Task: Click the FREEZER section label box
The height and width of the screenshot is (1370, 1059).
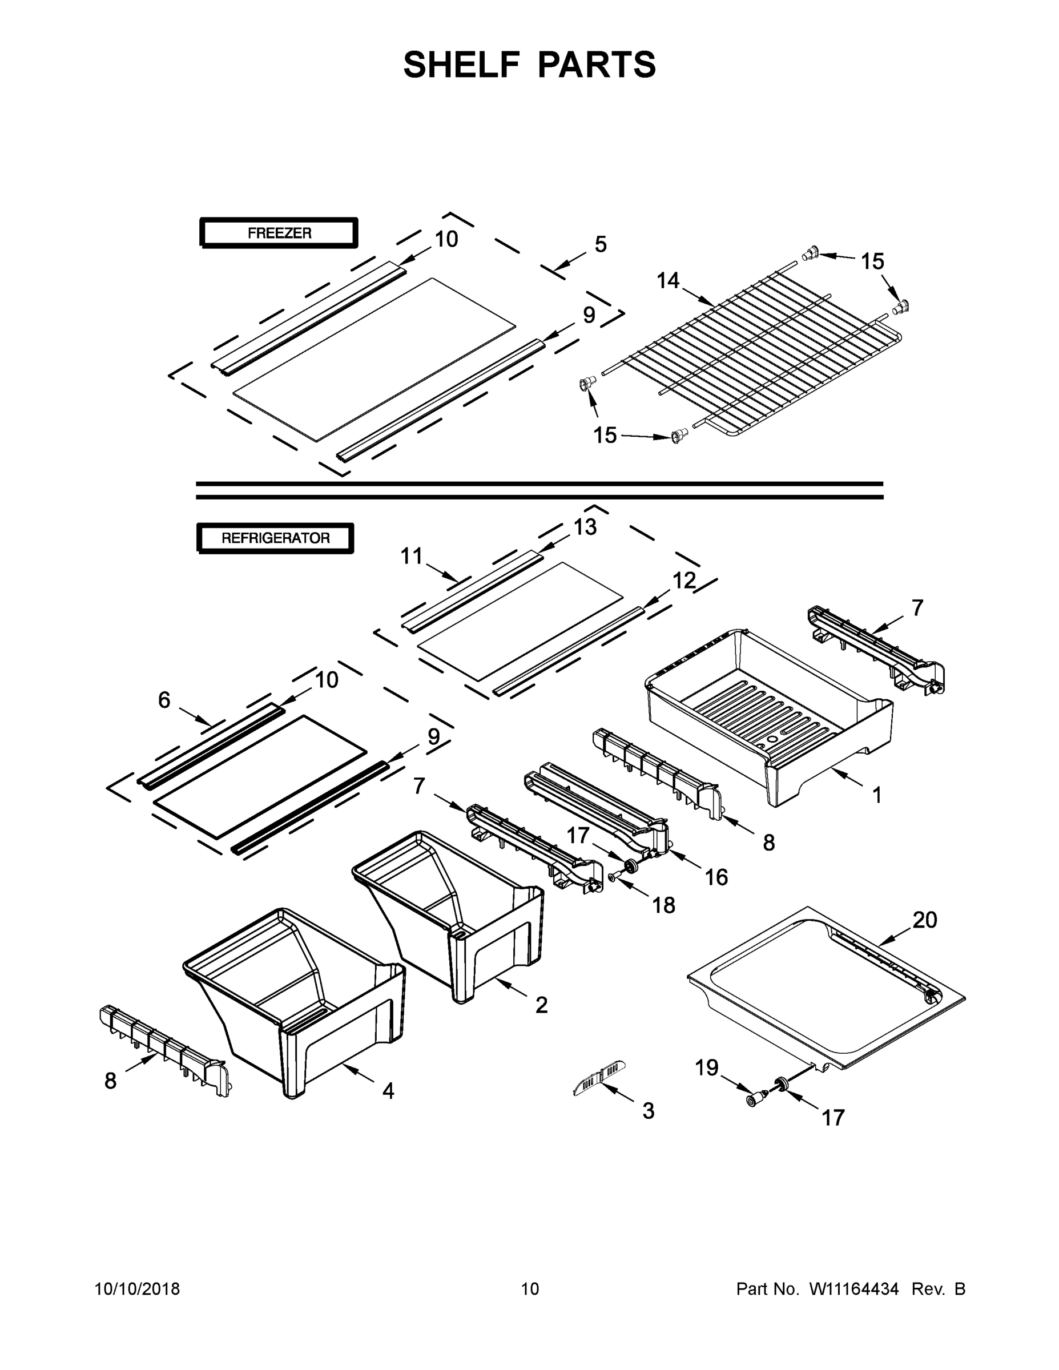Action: click(x=279, y=233)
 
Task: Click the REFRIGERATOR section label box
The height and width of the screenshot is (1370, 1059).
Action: click(x=275, y=538)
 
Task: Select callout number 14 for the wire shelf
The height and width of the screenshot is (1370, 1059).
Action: click(x=667, y=281)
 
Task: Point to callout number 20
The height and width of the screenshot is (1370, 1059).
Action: click(x=924, y=920)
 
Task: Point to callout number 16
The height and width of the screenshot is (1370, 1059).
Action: click(x=716, y=877)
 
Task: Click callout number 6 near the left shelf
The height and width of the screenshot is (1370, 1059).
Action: click(x=164, y=700)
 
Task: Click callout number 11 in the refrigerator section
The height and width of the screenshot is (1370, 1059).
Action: click(x=412, y=557)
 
